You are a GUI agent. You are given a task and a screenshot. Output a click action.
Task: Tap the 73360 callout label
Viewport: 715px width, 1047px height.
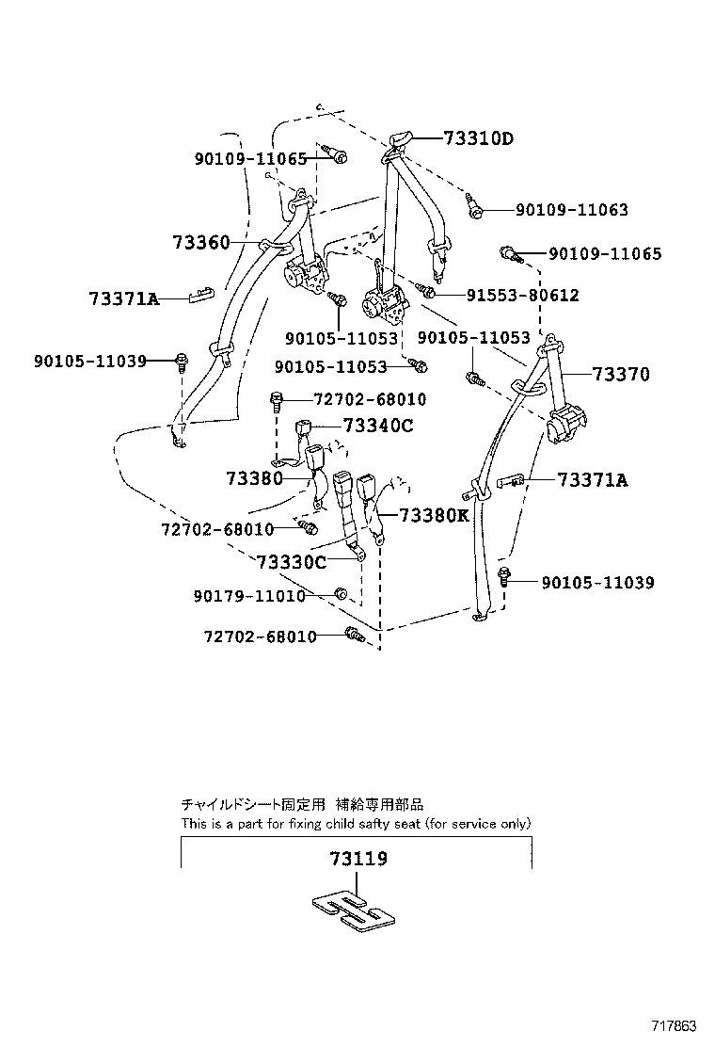click(201, 243)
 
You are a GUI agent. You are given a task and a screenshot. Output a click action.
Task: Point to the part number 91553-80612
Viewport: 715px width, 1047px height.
click(522, 296)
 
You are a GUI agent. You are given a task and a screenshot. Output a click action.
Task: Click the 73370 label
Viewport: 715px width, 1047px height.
click(621, 375)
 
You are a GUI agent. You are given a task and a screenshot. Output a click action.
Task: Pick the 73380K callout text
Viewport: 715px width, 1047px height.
click(434, 515)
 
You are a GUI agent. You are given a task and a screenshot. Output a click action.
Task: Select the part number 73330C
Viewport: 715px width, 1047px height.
click(291, 562)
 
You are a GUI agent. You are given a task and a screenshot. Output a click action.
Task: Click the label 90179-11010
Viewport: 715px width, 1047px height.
click(249, 596)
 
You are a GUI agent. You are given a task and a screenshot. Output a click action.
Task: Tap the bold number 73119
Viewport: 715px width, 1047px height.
click(358, 859)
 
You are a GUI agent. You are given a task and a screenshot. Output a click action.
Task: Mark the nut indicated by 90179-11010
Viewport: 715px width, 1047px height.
click(342, 594)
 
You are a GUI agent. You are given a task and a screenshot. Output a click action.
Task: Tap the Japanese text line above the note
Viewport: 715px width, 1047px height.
click(301, 805)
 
